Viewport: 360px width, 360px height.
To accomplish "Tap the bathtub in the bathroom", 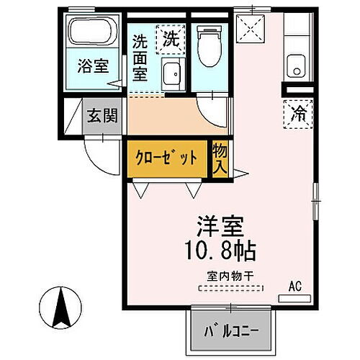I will click(x=91, y=32).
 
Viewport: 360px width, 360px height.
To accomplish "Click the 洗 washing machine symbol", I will click(x=171, y=37).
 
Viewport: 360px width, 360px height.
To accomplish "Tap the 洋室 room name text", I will click(x=219, y=225).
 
